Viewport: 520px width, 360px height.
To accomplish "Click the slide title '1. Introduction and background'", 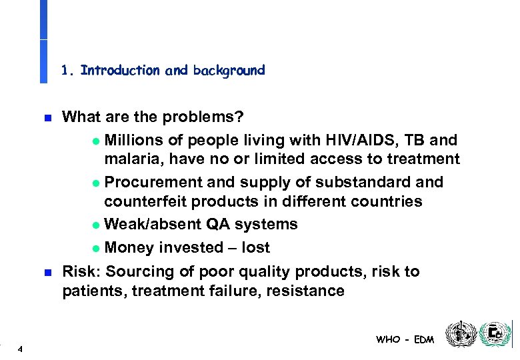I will tap(163, 70).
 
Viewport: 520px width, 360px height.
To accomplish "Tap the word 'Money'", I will tap(129, 248).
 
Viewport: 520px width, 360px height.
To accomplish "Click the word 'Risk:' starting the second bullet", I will tap(81, 271).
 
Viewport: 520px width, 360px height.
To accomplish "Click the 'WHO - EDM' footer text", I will tap(405, 339).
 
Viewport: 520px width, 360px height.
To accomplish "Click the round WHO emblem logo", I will tap(461, 334).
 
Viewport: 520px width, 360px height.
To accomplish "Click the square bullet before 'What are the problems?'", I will tap(47, 118).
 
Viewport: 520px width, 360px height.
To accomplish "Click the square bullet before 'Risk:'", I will tap(47, 272).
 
